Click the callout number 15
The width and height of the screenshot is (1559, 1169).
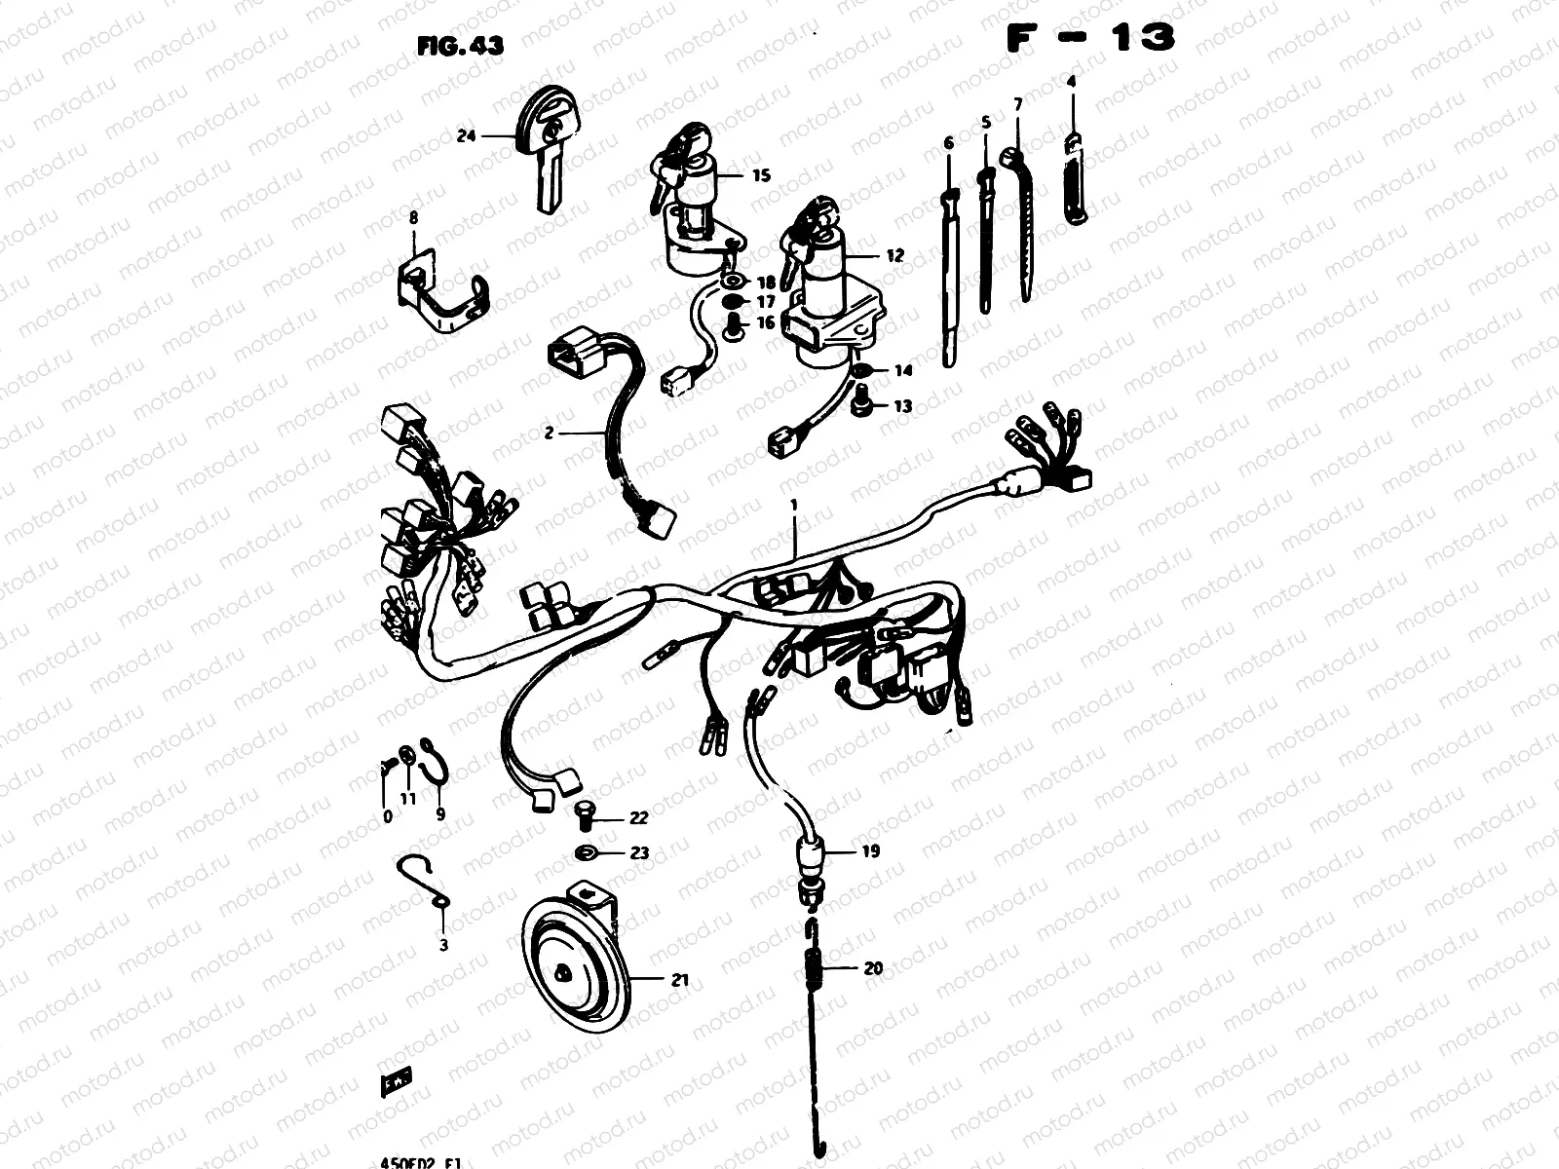click(761, 175)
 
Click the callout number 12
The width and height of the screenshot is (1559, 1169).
click(894, 255)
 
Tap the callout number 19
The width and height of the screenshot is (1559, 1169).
click(870, 850)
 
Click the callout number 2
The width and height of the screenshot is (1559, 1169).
click(549, 432)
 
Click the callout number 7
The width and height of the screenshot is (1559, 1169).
click(1017, 103)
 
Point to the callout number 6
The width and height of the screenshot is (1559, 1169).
click(948, 143)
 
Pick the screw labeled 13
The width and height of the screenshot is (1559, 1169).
click(861, 400)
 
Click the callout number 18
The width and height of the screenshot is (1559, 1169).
click(766, 283)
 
